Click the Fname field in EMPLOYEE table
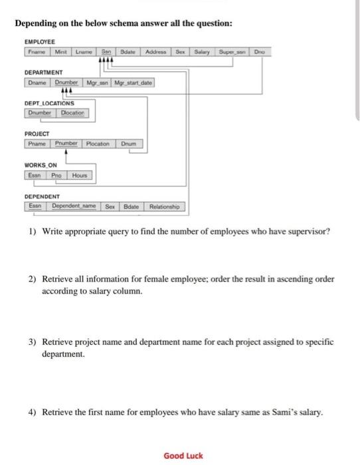coord(36,51)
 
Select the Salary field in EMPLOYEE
coord(203,51)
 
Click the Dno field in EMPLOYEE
coord(258,51)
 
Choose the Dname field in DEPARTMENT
coord(37,82)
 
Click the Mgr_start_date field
coord(133,82)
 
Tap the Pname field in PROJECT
coord(36,144)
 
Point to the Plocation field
coord(98,144)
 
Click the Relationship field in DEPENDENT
coord(165,207)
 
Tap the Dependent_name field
coord(74,207)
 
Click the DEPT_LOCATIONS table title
coord(49,104)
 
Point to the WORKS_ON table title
coord(41,165)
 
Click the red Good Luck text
coord(183,456)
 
